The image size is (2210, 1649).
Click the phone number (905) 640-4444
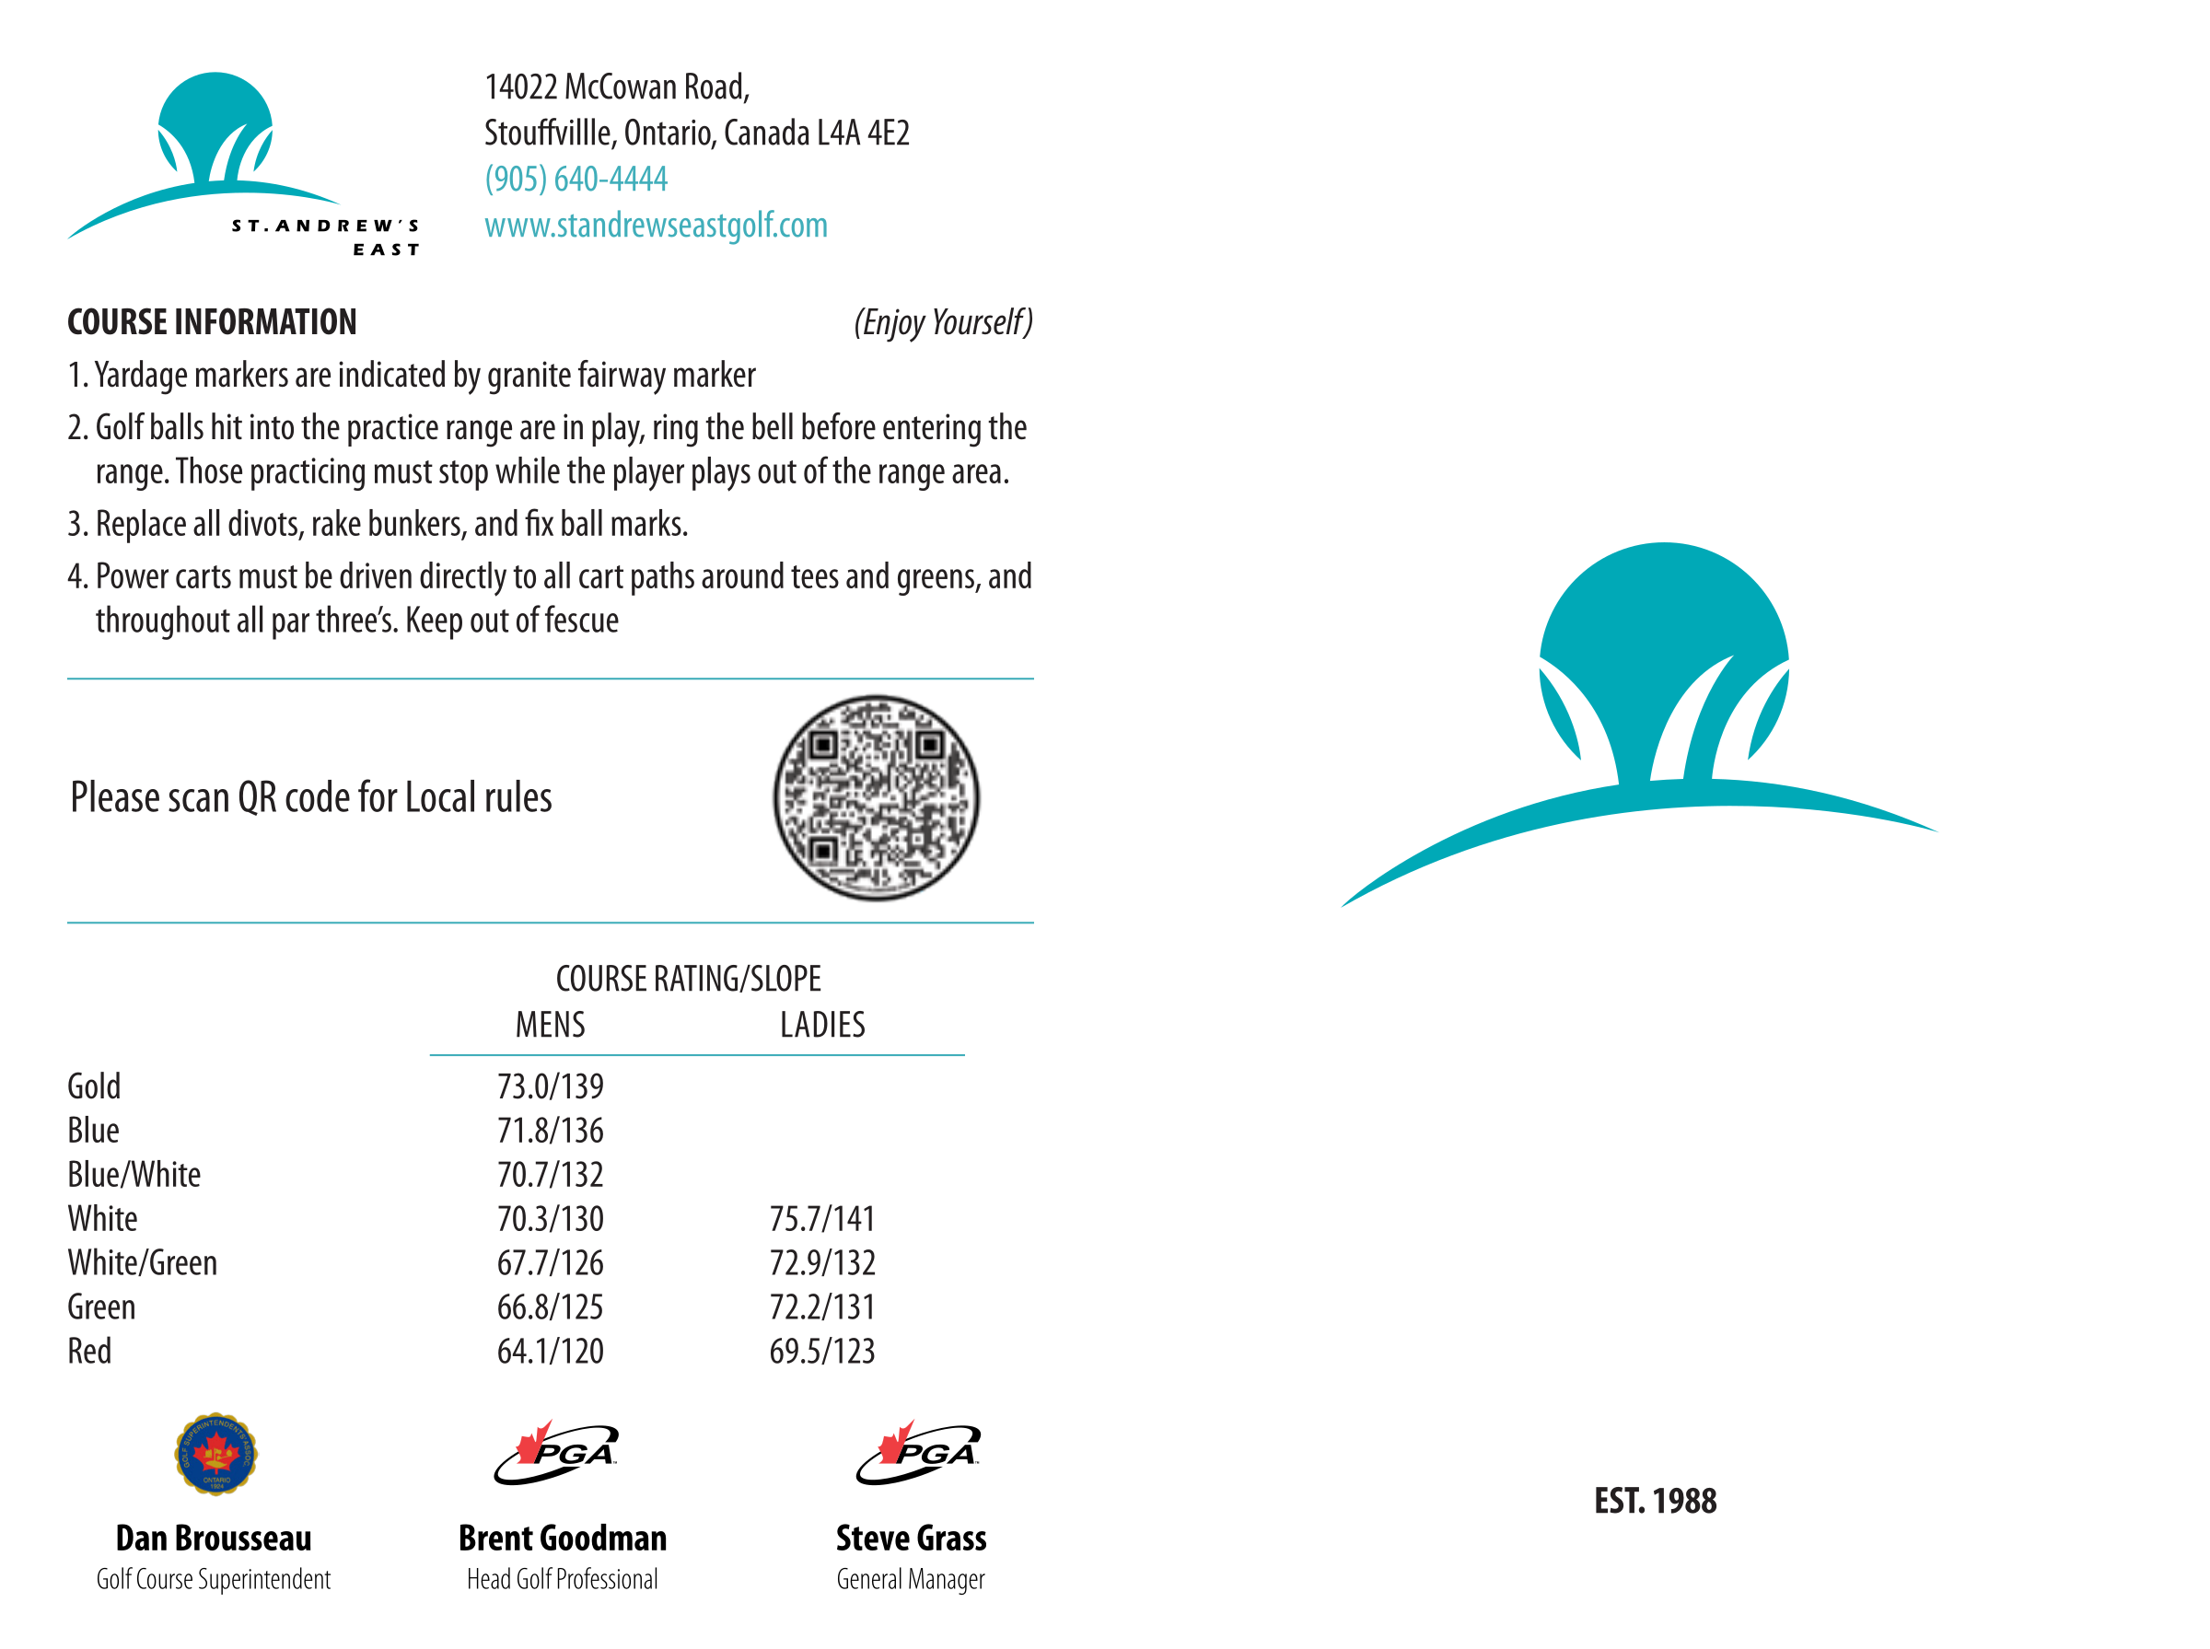pyautogui.click(x=576, y=179)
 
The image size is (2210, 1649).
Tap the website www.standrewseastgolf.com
pyautogui.click(x=656, y=226)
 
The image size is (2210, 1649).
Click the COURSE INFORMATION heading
pyautogui.click(x=212, y=322)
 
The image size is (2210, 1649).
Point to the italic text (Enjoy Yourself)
pyautogui.click(x=942, y=322)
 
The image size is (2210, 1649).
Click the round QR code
pyautogui.click(x=876, y=797)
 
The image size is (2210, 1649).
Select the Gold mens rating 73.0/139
pyautogui.click(x=550, y=1086)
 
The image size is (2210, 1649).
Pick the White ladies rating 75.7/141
pyautogui.click(x=821, y=1219)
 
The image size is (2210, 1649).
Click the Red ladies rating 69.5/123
pyautogui.click(x=821, y=1352)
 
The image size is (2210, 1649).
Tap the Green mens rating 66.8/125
pyautogui.click(x=550, y=1307)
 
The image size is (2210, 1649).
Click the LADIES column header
pyautogui.click(x=822, y=1025)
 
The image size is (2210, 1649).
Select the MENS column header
pyautogui.click(x=550, y=1025)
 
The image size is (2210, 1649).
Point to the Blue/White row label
pyautogui.click(x=134, y=1175)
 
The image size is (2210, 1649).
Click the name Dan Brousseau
pyautogui.click(x=214, y=1539)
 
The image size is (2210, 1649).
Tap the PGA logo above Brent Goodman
pyautogui.click(x=556, y=1454)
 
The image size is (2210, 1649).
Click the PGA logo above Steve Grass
pyautogui.click(x=918, y=1454)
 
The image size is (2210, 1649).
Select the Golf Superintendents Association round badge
pyautogui.click(x=215, y=1455)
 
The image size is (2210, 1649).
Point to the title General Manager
pyautogui.click(x=911, y=1580)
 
